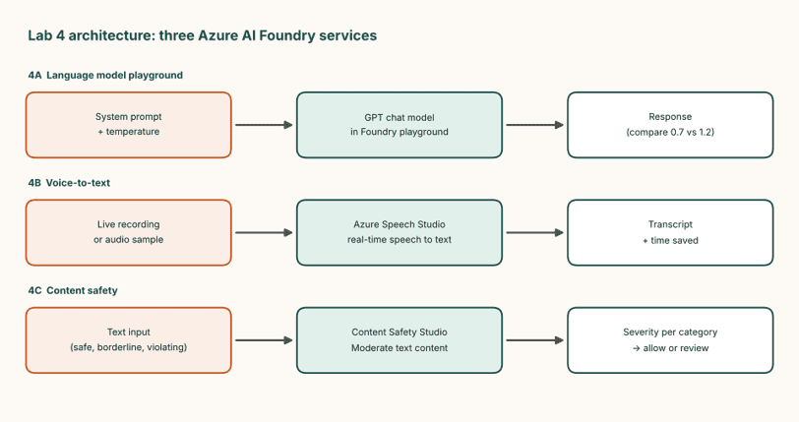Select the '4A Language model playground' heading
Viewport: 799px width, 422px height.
click(x=105, y=76)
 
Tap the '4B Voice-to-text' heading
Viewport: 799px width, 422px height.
click(x=69, y=183)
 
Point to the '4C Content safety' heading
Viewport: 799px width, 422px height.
click(x=73, y=290)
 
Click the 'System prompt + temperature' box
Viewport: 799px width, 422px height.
click(x=128, y=125)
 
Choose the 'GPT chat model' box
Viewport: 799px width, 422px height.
click(x=399, y=125)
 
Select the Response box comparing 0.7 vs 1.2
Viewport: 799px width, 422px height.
click(x=670, y=125)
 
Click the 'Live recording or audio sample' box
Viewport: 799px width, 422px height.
click(x=128, y=232)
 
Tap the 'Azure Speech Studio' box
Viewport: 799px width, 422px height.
click(x=399, y=232)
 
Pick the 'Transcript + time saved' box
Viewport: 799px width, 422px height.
click(x=670, y=232)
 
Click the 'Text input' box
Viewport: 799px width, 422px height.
click(x=128, y=340)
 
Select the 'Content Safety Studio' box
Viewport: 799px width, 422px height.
click(x=399, y=340)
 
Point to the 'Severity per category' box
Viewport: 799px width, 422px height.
click(x=670, y=340)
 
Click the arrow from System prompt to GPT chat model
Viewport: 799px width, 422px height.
click(x=264, y=125)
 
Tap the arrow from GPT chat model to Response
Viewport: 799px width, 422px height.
click(x=535, y=125)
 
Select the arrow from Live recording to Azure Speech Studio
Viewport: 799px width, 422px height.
click(x=264, y=233)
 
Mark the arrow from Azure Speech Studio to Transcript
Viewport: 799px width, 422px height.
click(x=535, y=233)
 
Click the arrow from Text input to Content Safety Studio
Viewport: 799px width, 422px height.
click(x=264, y=340)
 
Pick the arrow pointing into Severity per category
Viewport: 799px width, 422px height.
click(x=535, y=340)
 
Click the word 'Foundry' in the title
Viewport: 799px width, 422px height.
click(x=287, y=35)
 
